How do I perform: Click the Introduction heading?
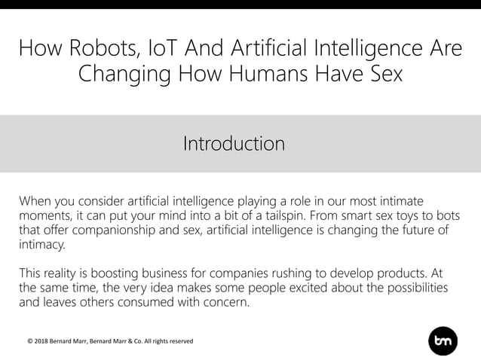(x=234, y=143)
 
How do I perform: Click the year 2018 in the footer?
(x=44, y=341)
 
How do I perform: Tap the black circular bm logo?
(x=442, y=340)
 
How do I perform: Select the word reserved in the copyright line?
(x=178, y=341)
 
